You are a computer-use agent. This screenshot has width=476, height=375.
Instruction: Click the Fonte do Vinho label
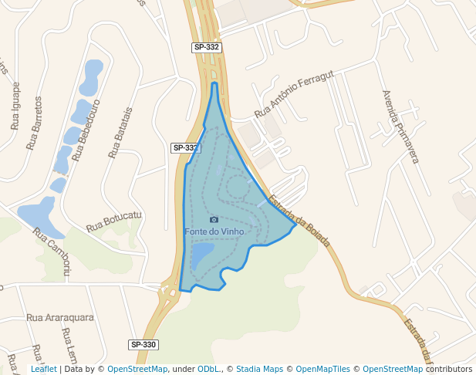pyautogui.click(x=214, y=231)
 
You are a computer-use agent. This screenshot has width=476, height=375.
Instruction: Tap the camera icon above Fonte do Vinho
pyautogui.click(x=214, y=220)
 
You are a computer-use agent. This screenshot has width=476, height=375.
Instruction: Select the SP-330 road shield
pyautogui.click(x=143, y=344)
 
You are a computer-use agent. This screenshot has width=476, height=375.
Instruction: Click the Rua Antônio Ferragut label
pyautogui.click(x=294, y=94)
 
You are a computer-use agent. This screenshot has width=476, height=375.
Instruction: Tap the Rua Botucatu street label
pyautogui.click(x=114, y=221)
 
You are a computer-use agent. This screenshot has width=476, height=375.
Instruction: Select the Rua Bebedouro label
pyautogui.click(x=86, y=129)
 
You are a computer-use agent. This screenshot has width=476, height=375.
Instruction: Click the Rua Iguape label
pyautogui.click(x=15, y=106)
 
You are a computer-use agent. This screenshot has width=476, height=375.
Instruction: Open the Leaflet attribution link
pyautogui.click(x=44, y=369)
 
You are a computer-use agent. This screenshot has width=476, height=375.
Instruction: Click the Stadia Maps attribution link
pyautogui.click(x=259, y=369)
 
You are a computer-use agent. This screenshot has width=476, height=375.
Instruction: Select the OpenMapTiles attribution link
pyautogui.click(x=322, y=369)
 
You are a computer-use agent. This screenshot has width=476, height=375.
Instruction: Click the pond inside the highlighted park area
pyautogui.click(x=202, y=255)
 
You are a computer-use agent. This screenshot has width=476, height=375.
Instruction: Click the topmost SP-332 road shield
pyautogui.click(x=207, y=48)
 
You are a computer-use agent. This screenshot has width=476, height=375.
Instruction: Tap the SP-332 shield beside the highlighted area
pyautogui.click(x=185, y=147)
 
